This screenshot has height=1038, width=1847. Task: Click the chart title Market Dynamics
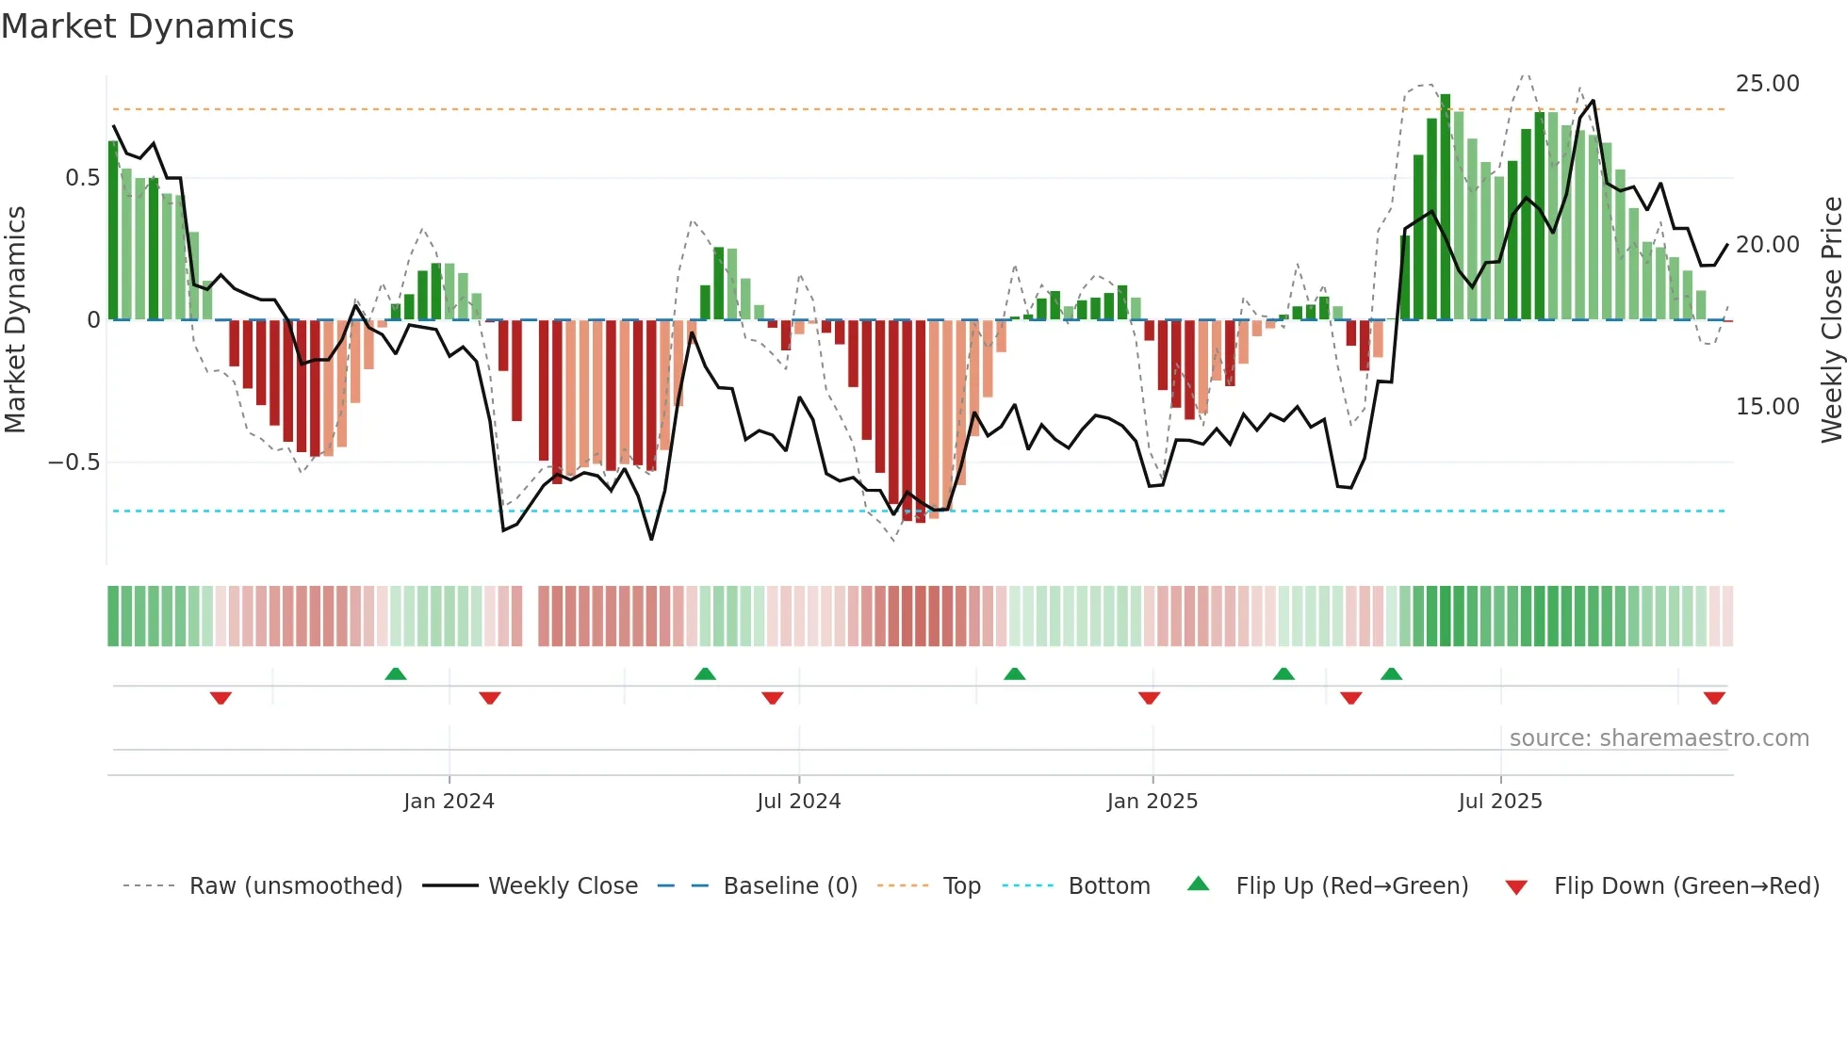pyautogui.click(x=148, y=26)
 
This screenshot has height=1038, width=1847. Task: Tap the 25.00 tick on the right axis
pyautogui.click(x=1767, y=84)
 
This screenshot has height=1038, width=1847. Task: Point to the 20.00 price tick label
pyautogui.click(x=1767, y=245)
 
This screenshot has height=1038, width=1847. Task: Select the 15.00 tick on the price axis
pyautogui.click(x=1767, y=407)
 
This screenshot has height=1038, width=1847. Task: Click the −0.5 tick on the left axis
pyautogui.click(x=74, y=462)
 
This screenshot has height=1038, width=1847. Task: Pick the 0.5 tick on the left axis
pyautogui.click(x=82, y=178)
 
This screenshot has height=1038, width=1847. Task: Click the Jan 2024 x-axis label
pyautogui.click(x=449, y=802)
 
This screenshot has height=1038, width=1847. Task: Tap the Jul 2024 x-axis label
pyautogui.click(x=798, y=802)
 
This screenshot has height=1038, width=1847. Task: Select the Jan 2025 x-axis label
pyautogui.click(x=1152, y=802)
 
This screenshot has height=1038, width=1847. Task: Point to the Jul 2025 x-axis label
pyautogui.click(x=1500, y=802)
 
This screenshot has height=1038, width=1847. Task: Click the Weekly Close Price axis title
pyautogui.click(x=1831, y=320)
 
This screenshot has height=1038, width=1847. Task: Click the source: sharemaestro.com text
pyautogui.click(x=1659, y=738)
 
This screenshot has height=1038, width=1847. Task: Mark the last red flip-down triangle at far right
pyautogui.click(x=1714, y=698)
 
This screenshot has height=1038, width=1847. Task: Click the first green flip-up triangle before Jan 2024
pyautogui.click(x=396, y=673)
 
